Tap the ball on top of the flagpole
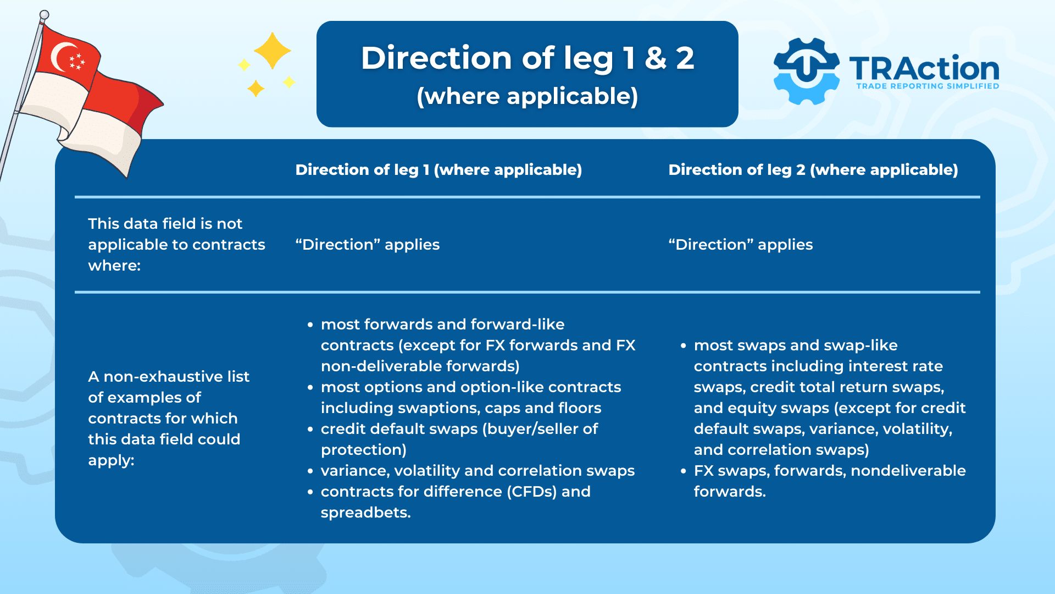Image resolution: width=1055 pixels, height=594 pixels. [x=45, y=15]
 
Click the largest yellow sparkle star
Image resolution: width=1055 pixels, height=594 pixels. [x=272, y=51]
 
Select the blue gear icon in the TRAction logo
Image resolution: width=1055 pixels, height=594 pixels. [x=806, y=71]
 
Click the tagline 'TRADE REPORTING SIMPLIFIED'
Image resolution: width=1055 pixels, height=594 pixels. [x=928, y=86]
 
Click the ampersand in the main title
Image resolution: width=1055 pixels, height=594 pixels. [x=656, y=58]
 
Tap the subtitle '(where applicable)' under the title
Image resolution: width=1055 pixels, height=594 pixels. [x=527, y=96]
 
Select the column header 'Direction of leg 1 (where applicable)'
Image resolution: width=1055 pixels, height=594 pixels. [x=438, y=170]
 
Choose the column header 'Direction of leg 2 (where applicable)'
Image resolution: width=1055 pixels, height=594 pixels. [x=813, y=170]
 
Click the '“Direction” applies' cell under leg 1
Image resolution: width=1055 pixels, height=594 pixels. [x=367, y=245]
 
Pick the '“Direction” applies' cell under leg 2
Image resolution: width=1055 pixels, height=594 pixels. [x=740, y=245]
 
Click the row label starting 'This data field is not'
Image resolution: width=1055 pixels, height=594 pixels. [x=176, y=245]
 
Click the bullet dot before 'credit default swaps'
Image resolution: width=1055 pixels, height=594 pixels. [x=311, y=430]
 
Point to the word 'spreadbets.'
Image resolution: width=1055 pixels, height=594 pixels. [x=365, y=513]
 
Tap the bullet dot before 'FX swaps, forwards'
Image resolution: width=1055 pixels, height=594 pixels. [x=684, y=471]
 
